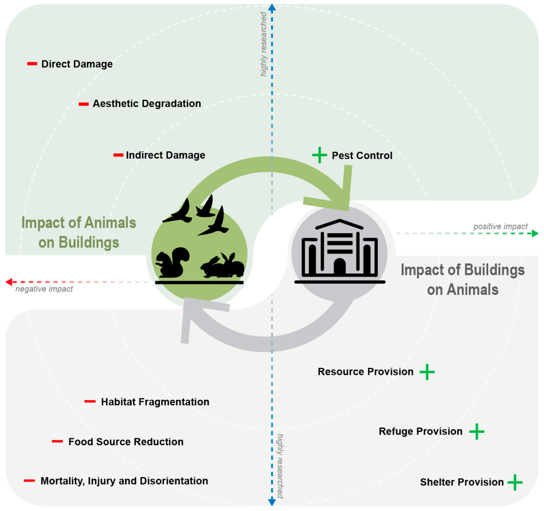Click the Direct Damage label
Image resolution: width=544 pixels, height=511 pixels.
pyautogui.click(x=77, y=64)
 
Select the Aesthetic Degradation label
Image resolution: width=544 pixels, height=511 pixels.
pyautogui.click(x=147, y=104)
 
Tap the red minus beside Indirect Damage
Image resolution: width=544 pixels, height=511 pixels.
pyautogui.click(x=118, y=155)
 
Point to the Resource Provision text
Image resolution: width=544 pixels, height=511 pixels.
pyautogui.click(x=365, y=371)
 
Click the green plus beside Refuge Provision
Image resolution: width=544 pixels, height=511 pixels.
pyautogui.click(x=477, y=431)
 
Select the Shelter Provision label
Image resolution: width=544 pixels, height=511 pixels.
pyautogui.click(x=462, y=482)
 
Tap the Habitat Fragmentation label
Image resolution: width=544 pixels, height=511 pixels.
pyautogui.click(x=155, y=402)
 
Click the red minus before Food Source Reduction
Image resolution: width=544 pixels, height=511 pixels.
pyautogui.click(x=57, y=441)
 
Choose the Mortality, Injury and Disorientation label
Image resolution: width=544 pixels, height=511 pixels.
pyautogui.click(x=124, y=481)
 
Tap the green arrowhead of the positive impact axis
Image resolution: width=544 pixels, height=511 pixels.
pyautogui.click(x=535, y=234)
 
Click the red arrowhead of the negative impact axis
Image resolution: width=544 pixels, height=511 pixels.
pyautogui.click(x=9, y=282)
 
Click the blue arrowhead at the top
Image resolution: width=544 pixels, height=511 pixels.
pyautogui.click(x=272, y=8)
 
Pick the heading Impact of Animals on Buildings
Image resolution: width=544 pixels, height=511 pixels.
pyautogui.click(x=79, y=232)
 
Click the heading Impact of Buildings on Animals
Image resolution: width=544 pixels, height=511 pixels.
pyautogui.click(x=462, y=280)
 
